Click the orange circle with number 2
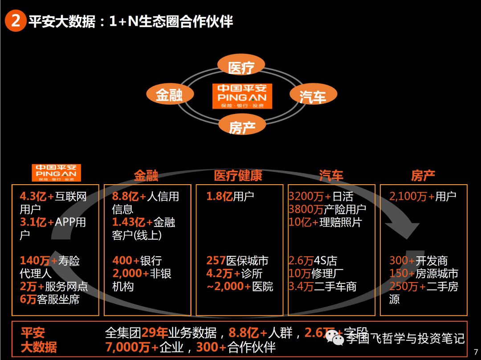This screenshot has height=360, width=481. pos(15,21)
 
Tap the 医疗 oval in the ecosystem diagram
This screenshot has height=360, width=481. pos(241,67)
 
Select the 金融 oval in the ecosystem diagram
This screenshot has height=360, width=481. pos(170,94)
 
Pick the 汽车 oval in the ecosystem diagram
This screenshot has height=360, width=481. pos(313,95)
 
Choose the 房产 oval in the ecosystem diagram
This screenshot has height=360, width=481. pos(242,126)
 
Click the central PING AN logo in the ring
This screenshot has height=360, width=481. pos(242,96)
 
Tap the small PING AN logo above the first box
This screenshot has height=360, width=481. pos(56,173)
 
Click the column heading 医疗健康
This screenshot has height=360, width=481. pos(238,176)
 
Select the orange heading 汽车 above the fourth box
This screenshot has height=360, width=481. pos(331,176)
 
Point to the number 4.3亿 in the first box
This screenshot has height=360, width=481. pos(33,196)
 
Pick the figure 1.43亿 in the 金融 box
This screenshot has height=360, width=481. pos(128,222)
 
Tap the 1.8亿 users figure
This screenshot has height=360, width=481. pos(219,196)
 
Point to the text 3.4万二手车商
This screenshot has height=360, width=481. pos(322,287)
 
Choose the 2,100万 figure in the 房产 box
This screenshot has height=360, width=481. pos(408,196)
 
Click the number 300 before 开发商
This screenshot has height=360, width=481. pos(399,261)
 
